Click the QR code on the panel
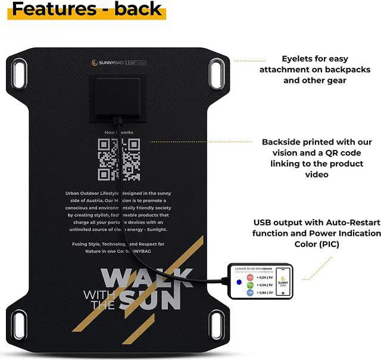(118, 159)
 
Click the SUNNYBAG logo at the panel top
(106, 62)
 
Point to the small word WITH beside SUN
(97, 295)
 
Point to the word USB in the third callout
(264, 223)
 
